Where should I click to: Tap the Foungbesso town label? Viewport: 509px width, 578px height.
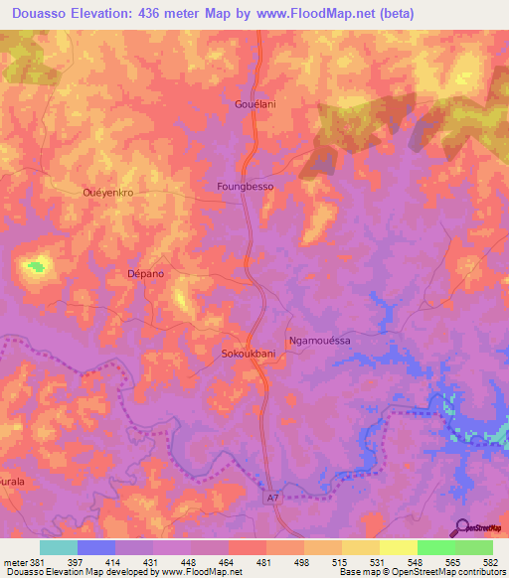click(x=245, y=186)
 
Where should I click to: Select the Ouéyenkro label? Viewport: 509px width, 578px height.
click(x=107, y=193)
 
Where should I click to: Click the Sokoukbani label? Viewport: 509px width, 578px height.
click(x=248, y=353)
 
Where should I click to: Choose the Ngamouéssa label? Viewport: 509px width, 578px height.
click(x=319, y=340)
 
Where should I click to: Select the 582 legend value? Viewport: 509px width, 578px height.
click(x=492, y=562)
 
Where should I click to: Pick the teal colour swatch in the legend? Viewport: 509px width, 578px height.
click(x=59, y=547)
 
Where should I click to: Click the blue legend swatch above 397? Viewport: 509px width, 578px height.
click(x=96, y=547)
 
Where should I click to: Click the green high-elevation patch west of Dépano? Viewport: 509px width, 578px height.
click(x=37, y=265)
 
